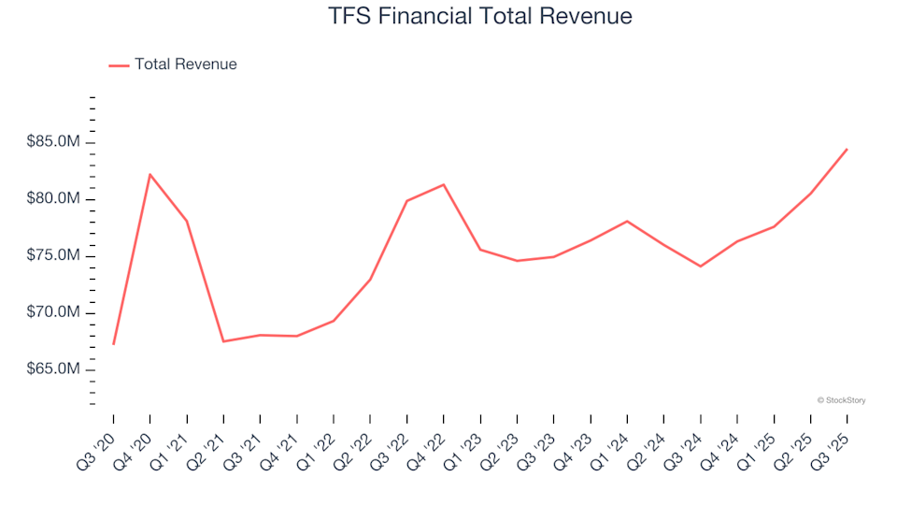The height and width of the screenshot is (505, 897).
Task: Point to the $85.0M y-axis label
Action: tap(54, 142)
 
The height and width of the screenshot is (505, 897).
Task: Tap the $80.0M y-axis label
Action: tap(54, 199)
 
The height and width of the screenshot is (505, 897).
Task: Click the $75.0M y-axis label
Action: tap(54, 256)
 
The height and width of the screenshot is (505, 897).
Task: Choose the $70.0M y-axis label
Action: tap(54, 312)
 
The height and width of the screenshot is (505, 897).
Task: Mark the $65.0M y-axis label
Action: tap(54, 369)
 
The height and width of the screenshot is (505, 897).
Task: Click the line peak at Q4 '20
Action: tap(150, 174)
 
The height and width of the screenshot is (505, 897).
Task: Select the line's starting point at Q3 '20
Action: tap(114, 344)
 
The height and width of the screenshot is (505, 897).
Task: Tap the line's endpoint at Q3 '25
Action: tap(847, 149)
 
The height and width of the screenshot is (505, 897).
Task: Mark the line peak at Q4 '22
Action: tap(444, 184)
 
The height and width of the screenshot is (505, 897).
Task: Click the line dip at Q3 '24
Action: tap(700, 267)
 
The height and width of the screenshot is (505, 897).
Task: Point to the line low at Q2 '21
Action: tap(223, 341)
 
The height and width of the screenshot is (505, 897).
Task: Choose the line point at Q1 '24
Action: tap(627, 221)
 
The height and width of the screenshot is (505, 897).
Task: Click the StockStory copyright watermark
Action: tap(841, 400)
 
